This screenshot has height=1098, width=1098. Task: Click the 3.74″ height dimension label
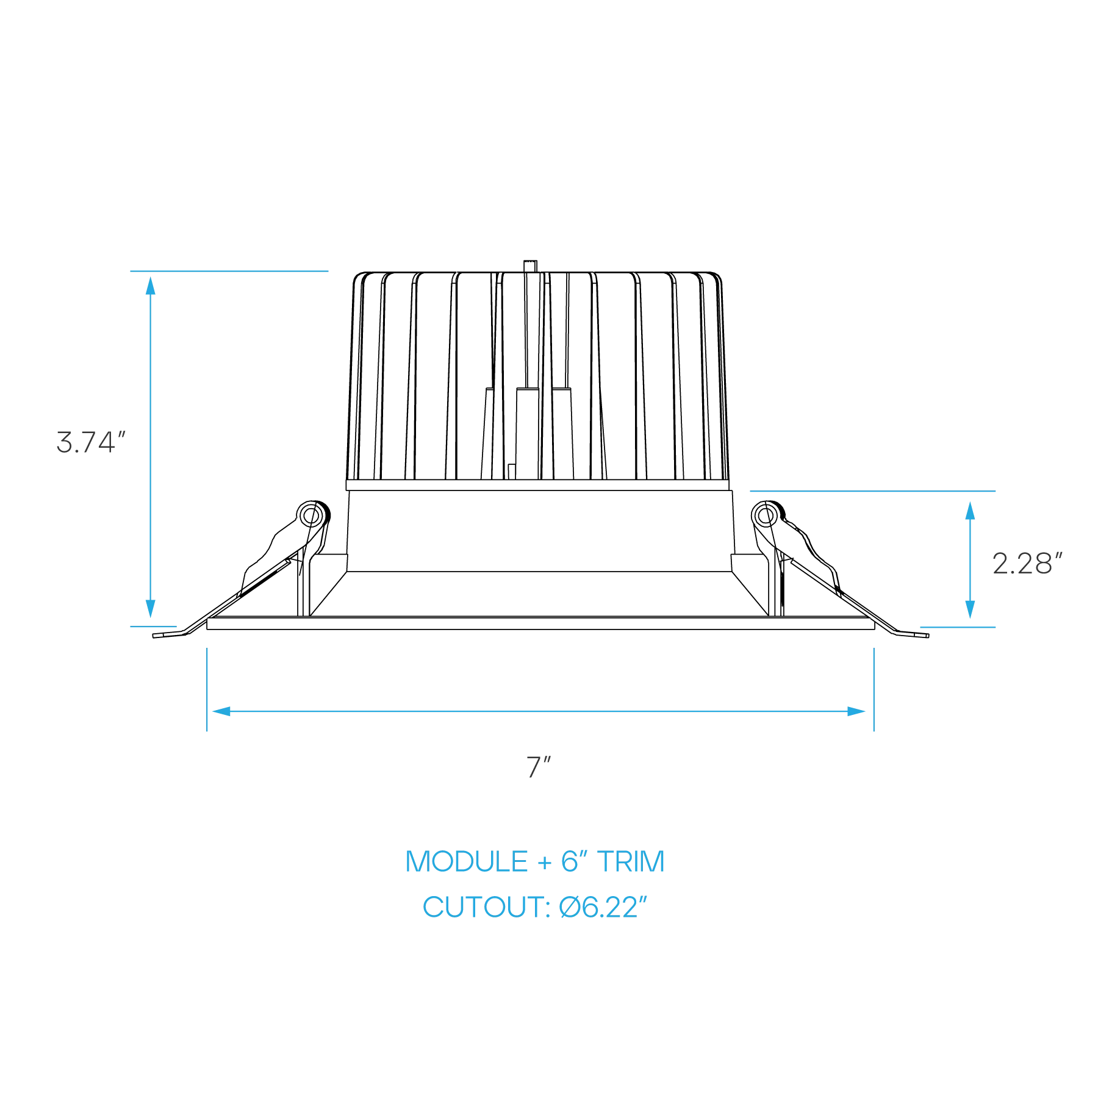[91, 442]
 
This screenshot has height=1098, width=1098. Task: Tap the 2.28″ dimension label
[1027, 564]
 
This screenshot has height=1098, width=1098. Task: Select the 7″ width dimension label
[539, 767]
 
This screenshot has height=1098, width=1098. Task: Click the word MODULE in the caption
[467, 861]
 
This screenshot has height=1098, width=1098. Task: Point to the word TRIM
[631, 861]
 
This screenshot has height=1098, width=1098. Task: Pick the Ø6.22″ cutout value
[603, 907]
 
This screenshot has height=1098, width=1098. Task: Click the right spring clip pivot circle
[767, 516]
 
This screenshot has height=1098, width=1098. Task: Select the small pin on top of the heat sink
[530, 266]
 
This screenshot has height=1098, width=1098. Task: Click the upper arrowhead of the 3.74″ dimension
[151, 285]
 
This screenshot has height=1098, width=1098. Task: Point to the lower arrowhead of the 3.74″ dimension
[151, 609]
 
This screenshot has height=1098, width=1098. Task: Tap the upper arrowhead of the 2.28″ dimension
[970, 511]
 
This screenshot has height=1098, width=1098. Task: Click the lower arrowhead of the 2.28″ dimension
[970, 609]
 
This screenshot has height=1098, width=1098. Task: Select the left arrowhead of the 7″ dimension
[221, 711]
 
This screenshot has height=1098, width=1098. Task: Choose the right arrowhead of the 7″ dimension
[856, 711]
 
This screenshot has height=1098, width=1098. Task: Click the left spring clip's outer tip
[154, 636]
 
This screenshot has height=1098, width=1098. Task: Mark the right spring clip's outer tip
[928, 636]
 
